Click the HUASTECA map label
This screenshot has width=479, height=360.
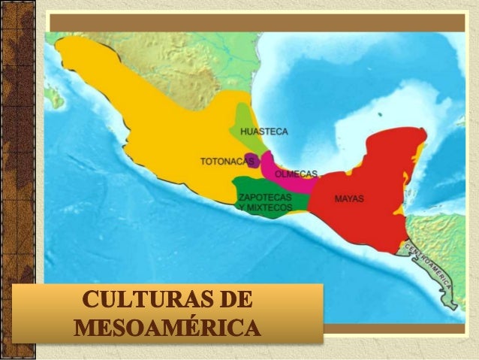click(x=264, y=132)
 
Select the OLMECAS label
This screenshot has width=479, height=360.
click(x=297, y=174)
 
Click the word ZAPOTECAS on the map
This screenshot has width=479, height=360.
click(x=259, y=196)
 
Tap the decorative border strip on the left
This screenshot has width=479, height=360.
click(x=16, y=180)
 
